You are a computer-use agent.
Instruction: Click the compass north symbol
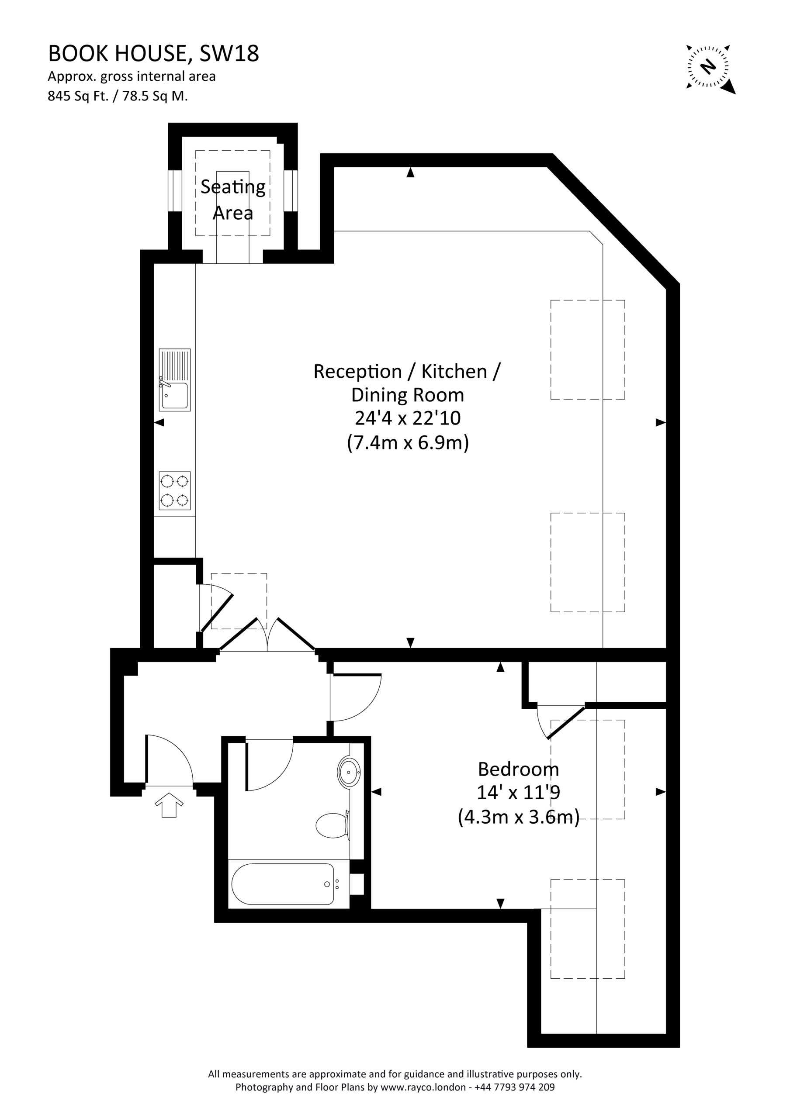click(x=710, y=68)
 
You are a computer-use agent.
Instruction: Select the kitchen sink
click(x=175, y=380)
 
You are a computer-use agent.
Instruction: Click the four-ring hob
click(x=175, y=491)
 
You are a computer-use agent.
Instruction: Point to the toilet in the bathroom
click(x=333, y=825)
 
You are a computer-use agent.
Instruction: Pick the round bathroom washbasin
click(x=349, y=772)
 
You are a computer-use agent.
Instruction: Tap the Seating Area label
click(x=233, y=200)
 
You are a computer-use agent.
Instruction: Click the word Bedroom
click(x=518, y=769)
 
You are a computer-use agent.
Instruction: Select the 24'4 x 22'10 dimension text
click(x=408, y=418)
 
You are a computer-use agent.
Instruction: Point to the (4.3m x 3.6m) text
click(x=519, y=817)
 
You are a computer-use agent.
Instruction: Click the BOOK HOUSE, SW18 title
click(x=153, y=54)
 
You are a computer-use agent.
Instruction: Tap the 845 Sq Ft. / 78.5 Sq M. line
click(x=118, y=96)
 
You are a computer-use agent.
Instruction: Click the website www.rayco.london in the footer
click(x=423, y=1087)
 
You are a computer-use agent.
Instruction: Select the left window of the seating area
click(x=175, y=191)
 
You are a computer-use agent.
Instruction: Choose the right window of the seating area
click(x=291, y=191)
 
